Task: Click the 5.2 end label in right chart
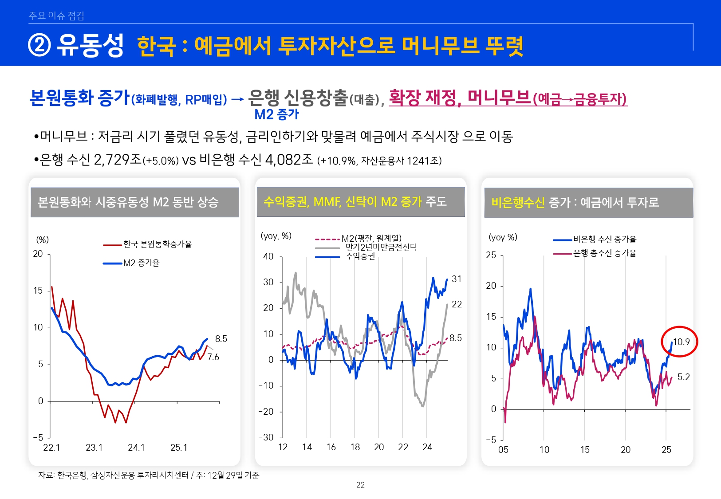click(x=683, y=377)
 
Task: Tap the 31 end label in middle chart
click(x=457, y=279)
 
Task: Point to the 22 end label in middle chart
click(x=457, y=304)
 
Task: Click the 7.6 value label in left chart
click(x=213, y=357)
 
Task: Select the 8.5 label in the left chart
click(x=221, y=339)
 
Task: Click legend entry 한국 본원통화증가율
click(x=157, y=244)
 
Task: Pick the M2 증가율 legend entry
click(x=141, y=263)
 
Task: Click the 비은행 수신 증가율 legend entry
click(x=604, y=240)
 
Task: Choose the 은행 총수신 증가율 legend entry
click(x=604, y=253)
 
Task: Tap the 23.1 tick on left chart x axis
click(x=94, y=448)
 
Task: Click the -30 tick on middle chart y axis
click(x=266, y=437)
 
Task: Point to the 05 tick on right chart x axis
click(x=503, y=450)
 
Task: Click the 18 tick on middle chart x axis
click(x=355, y=447)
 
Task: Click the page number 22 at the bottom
click(x=360, y=485)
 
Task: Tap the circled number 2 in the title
click(x=39, y=45)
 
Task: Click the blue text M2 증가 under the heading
click(x=276, y=114)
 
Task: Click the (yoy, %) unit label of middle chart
click(x=276, y=236)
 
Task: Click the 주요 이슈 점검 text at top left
click(x=56, y=16)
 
